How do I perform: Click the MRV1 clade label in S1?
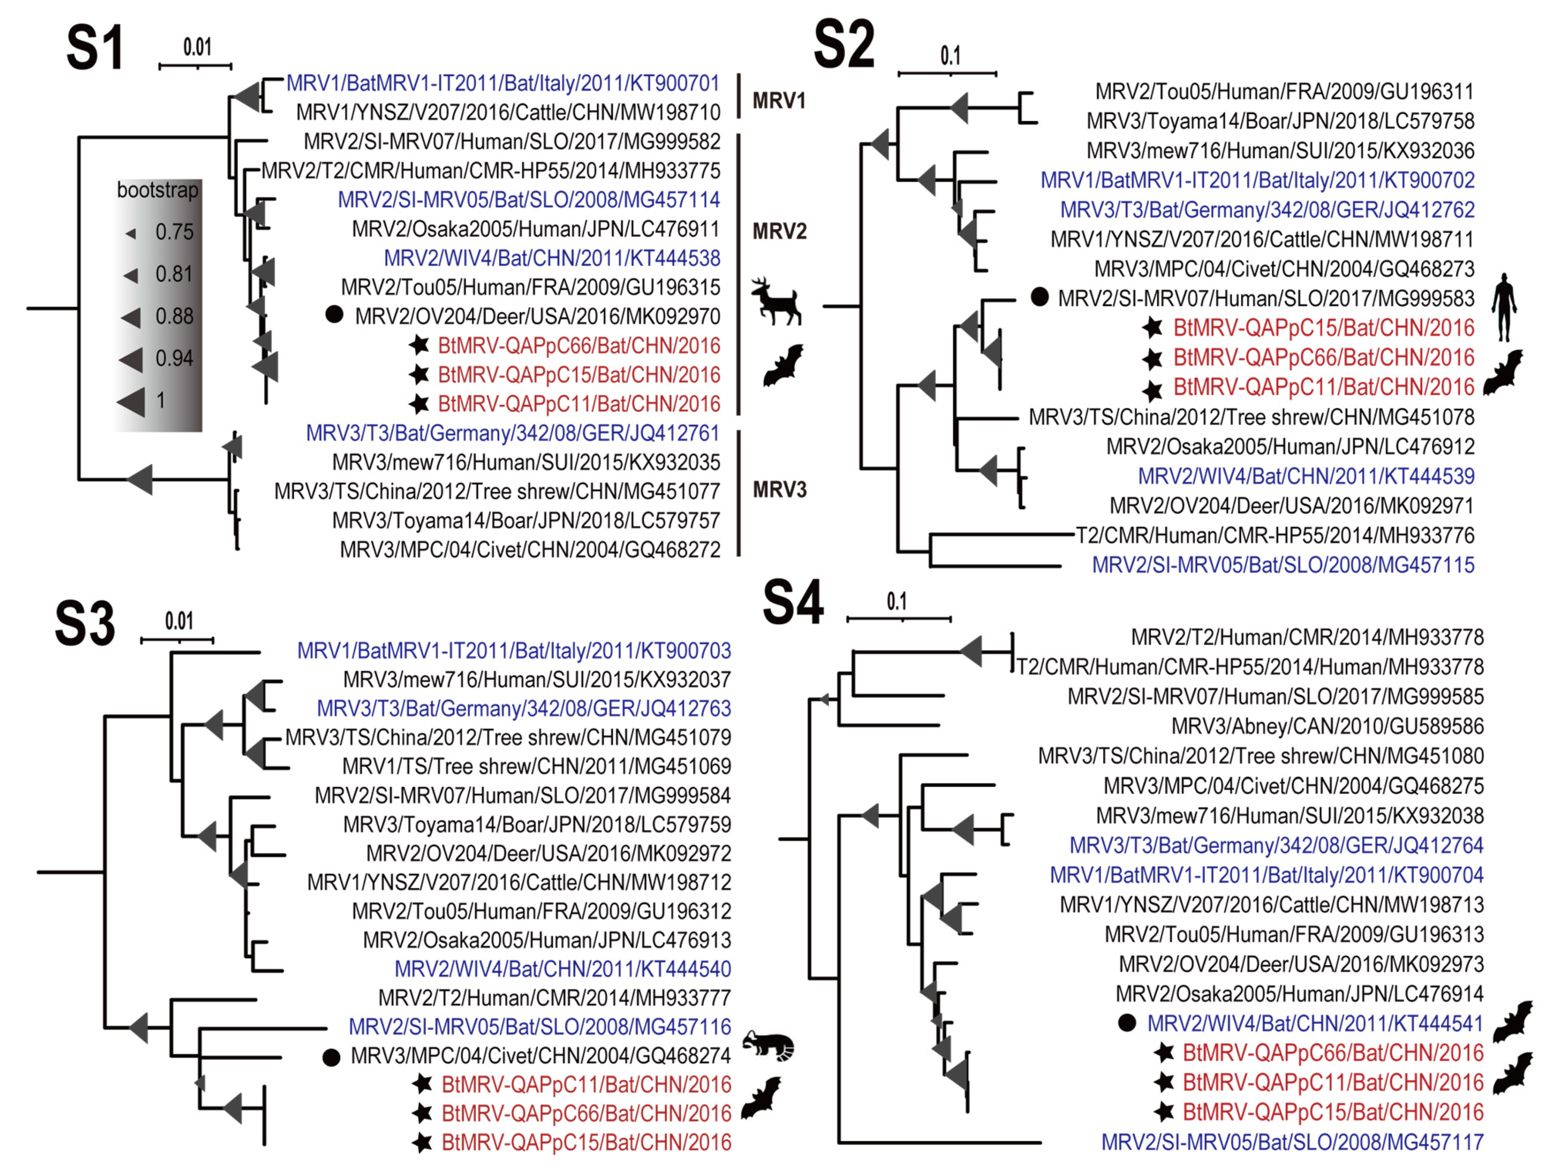tap(779, 101)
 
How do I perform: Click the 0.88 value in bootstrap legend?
tap(174, 316)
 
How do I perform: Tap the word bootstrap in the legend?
tap(158, 190)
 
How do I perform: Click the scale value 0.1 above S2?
tap(950, 56)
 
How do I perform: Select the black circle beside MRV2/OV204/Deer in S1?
tap(335, 315)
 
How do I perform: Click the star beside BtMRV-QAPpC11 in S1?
tap(419, 404)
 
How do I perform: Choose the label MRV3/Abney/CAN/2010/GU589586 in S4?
tap(1327, 726)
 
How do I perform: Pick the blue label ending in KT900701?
tap(503, 83)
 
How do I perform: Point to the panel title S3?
tap(85, 624)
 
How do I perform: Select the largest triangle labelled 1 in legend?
tap(132, 401)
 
